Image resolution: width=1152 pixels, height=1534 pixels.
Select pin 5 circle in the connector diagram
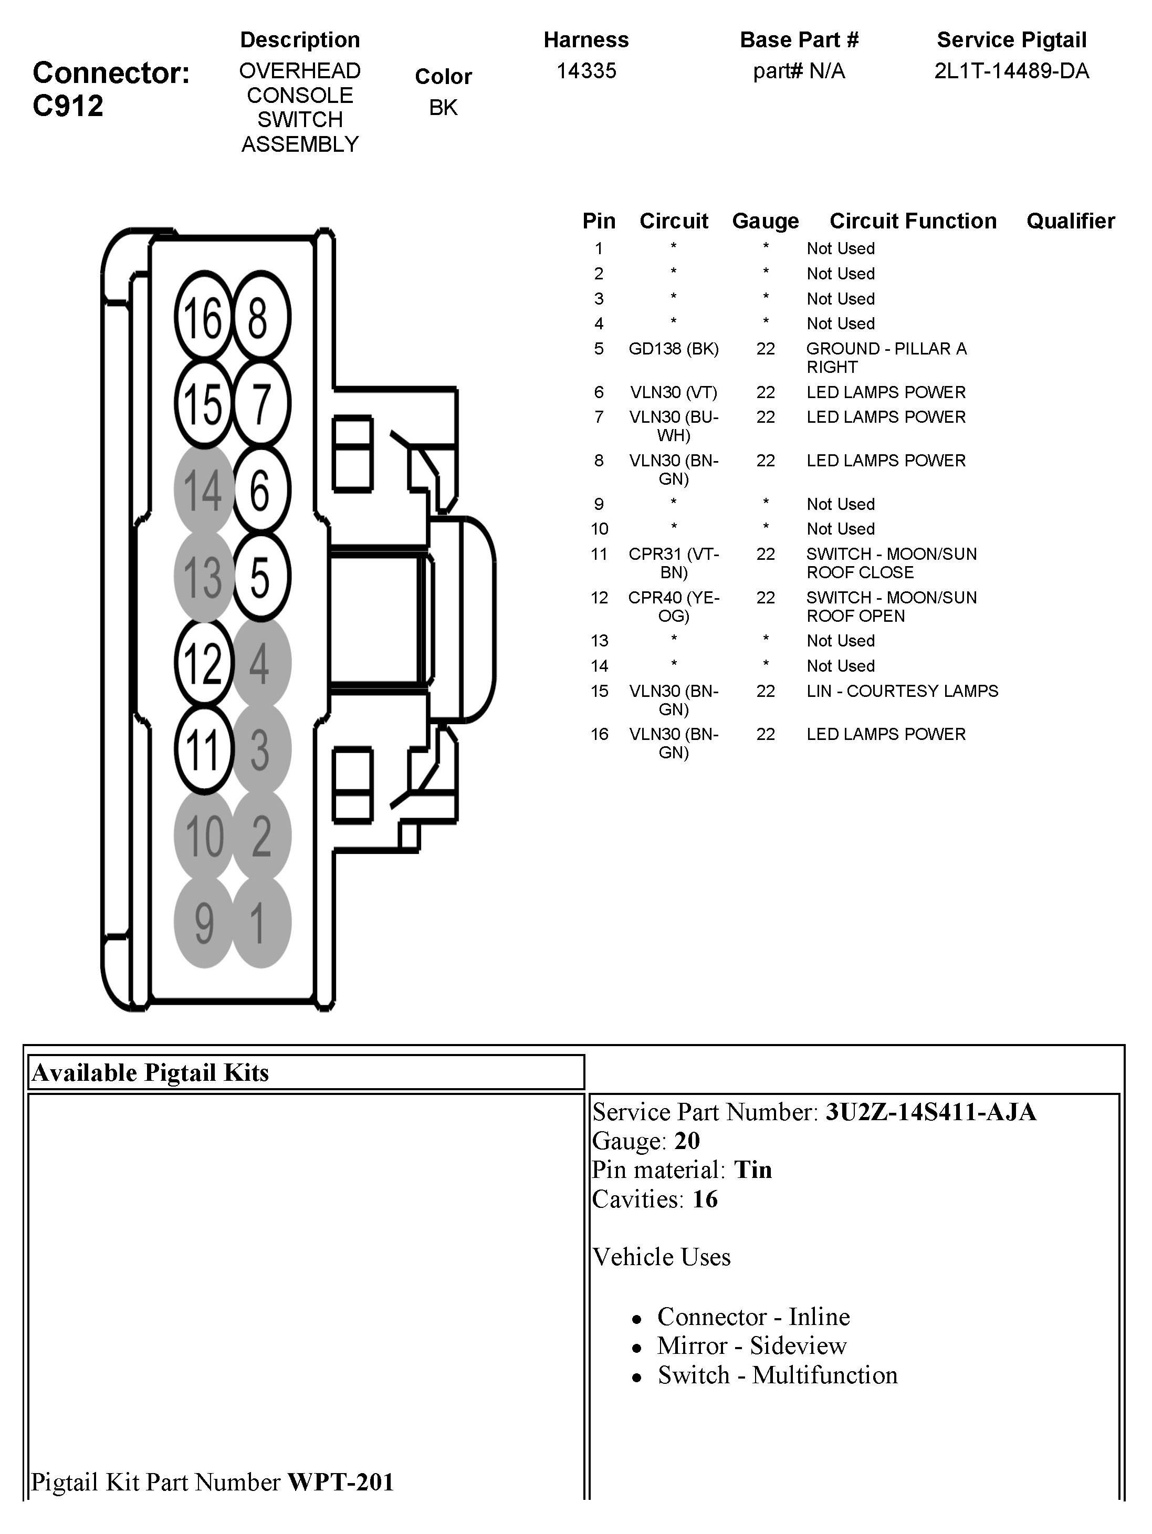[260, 576]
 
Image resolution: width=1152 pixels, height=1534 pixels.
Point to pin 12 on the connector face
[203, 663]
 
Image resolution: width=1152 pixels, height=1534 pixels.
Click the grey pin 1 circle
[259, 922]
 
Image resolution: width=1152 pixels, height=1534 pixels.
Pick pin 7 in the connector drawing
[260, 404]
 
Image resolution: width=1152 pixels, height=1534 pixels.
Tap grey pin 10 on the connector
[203, 836]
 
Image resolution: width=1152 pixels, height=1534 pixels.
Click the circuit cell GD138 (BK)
[674, 349]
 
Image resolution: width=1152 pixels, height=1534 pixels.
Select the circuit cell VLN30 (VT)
[674, 392]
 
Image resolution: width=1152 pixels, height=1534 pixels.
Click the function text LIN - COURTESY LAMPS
[902, 692]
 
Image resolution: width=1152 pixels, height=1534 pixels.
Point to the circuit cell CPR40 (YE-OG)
[674, 607]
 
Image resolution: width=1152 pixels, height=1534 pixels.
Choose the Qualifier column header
[1070, 221]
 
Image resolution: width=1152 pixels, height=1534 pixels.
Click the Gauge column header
[765, 221]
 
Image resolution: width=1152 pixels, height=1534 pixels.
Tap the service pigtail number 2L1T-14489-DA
[1011, 71]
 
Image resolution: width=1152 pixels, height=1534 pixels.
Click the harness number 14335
[586, 71]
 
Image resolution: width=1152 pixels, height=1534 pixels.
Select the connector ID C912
[68, 106]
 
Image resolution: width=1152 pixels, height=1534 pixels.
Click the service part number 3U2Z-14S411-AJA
[930, 1112]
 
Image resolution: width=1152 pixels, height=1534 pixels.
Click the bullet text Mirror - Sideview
[752, 1346]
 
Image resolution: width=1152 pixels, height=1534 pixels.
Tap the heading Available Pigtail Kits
[151, 1073]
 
